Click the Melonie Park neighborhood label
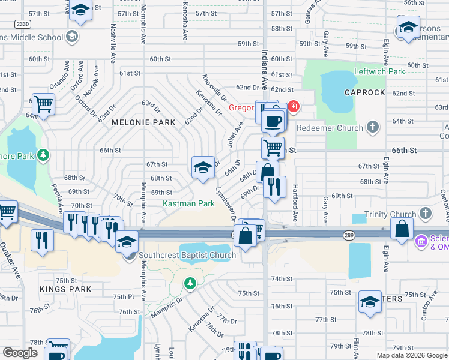[143, 122]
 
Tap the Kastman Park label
[188, 204]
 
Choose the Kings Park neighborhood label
[65, 289]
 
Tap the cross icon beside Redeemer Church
[373, 127]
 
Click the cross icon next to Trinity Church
[425, 214]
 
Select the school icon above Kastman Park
[203, 167]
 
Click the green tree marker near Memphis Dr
[190, 282]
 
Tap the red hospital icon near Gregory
[292, 108]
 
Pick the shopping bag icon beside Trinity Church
[402, 228]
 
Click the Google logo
[20, 353]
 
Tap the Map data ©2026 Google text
[412, 355]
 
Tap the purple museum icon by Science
[421, 242]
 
